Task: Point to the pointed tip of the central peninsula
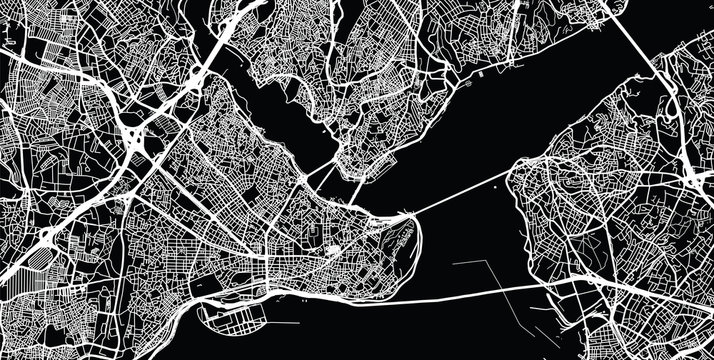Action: pyautogui.click(x=411, y=216)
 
